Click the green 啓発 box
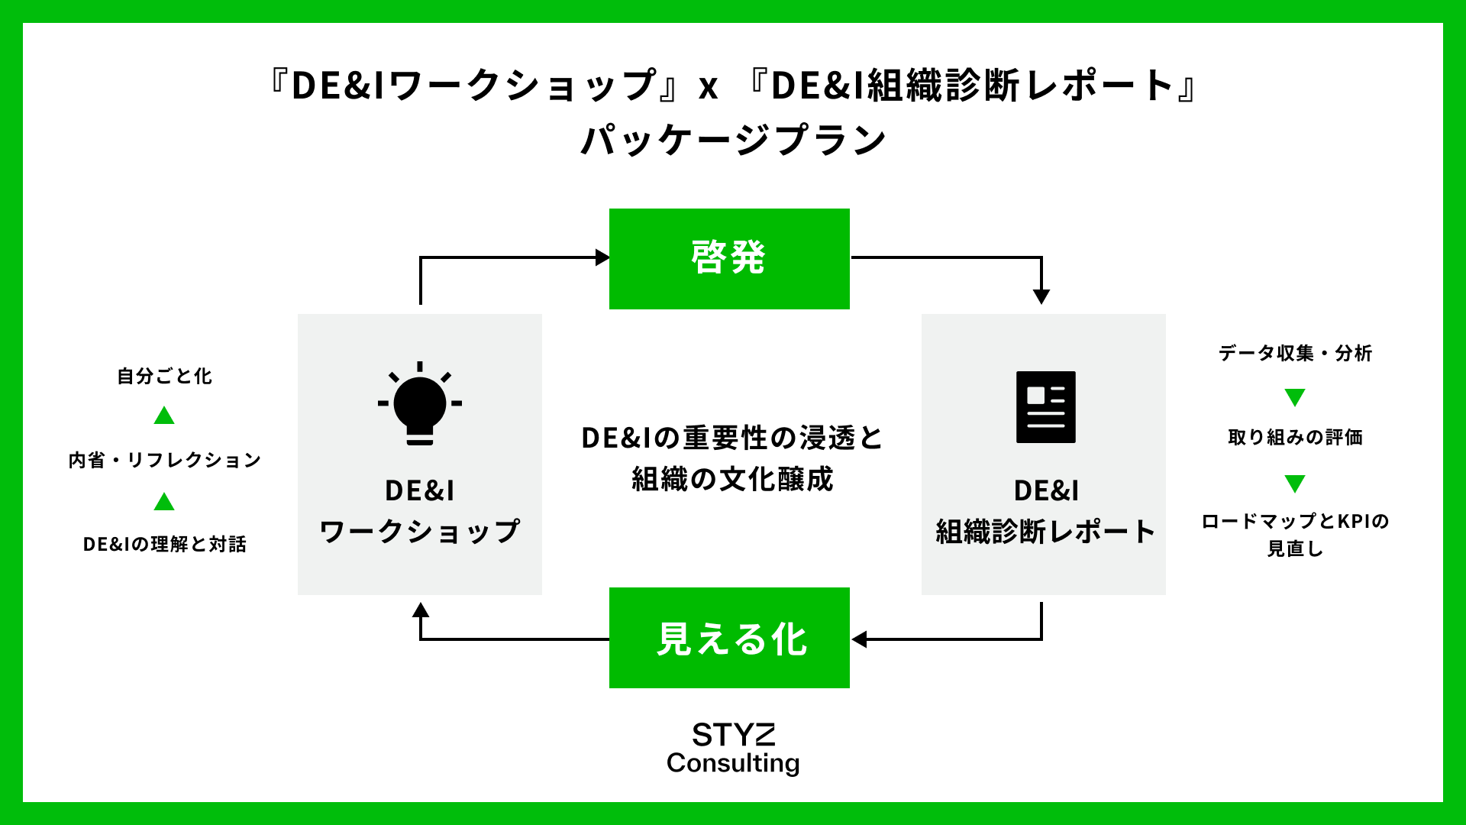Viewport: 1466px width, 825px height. (x=729, y=258)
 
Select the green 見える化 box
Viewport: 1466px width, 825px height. (x=729, y=638)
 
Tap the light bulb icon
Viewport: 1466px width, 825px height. (x=420, y=403)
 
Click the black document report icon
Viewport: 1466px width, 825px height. (x=1045, y=407)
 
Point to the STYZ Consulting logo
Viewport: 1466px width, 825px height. (x=733, y=748)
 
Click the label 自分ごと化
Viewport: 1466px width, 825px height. (x=164, y=376)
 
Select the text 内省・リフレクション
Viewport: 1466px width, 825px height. (x=164, y=460)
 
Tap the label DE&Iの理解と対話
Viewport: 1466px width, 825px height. (x=164, y=544)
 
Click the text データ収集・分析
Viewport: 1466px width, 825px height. (x=1295, y=353)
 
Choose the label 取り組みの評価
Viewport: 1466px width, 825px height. (x=1295, y=437)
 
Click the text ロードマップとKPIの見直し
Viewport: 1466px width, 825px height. (x=1295, y=535)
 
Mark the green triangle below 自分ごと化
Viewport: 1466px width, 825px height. (x=164, y=416)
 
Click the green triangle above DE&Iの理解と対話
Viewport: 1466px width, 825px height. (x=164, y=502)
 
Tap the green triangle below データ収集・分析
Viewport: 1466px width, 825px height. (x=1295, y=396)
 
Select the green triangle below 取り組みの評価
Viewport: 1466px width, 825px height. (x=1295, y=483)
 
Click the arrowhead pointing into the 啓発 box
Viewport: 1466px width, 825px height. (x=602, y=257)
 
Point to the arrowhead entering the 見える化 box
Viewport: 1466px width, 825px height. (x=859, y=639)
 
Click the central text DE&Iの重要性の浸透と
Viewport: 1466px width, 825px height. (x=731, y=438)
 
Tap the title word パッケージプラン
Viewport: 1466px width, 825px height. (x=733, y=140)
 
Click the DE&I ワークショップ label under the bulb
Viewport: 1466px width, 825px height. (x=420, y=511)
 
